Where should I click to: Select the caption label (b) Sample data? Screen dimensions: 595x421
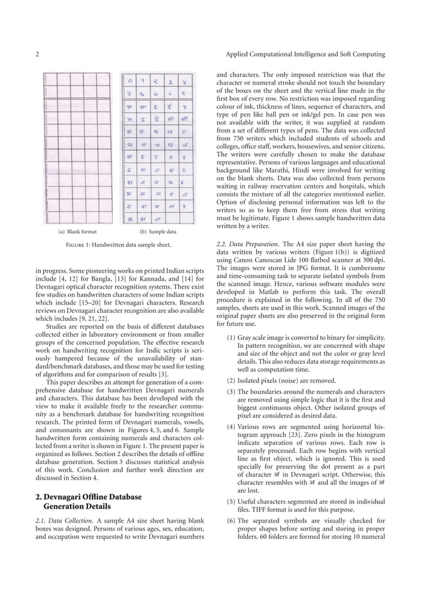pos(158,232)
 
